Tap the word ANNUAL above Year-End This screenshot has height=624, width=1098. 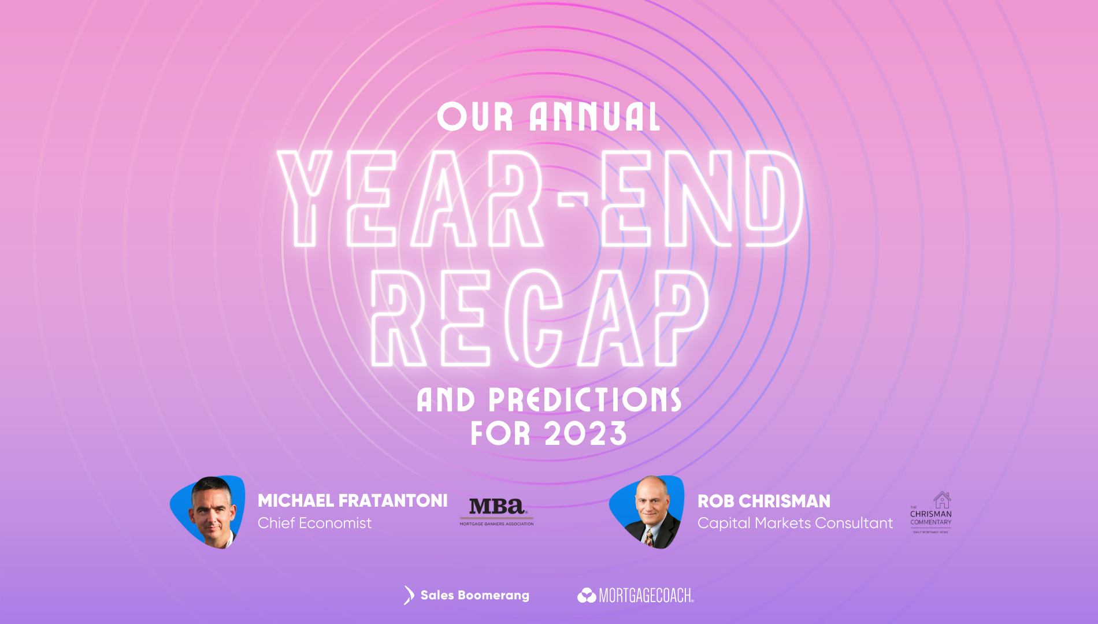tap(595, 117)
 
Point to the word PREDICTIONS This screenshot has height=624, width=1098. tap(585, 400)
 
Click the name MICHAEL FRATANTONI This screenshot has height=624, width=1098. tap(353, 500)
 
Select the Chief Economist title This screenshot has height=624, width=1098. tap(314, 523)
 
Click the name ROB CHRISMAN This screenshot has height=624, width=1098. tap(763, 501)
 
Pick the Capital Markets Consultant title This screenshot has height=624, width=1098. tap(795, 523)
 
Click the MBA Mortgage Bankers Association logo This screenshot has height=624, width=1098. tap(496, 511)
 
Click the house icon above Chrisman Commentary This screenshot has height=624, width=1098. tap(942, 500)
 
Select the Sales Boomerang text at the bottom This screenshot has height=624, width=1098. tap(474, 595)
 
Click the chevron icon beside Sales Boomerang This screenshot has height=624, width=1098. tap(409, 595)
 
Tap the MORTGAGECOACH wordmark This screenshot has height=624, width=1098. tap(646, 595)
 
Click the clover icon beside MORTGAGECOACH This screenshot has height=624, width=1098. tap(587, 595)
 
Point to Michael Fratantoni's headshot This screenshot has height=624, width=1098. tap(212, 511)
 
